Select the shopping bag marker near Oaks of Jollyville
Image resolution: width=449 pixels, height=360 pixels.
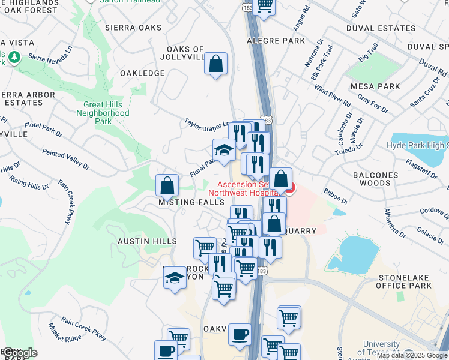click(215, 63)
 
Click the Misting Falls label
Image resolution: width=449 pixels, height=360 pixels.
click(191, 203)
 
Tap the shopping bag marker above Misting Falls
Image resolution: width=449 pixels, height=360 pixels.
click(167, 185)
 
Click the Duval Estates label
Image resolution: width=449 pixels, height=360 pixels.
click(381, 28)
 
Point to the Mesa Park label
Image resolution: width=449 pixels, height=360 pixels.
click(375, 86)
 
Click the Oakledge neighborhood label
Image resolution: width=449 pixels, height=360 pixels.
click(142, 73)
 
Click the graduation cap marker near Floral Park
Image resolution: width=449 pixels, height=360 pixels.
click(224, 151)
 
